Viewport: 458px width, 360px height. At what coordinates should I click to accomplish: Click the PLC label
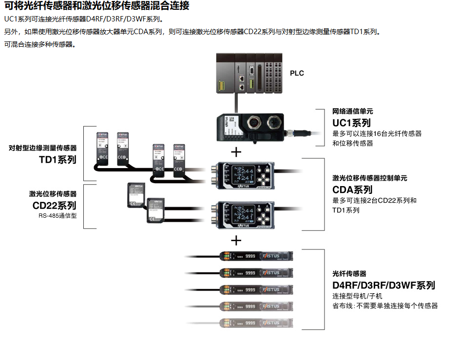coord(297,74)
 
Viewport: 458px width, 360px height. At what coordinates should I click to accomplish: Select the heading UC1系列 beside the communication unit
coord(352,123)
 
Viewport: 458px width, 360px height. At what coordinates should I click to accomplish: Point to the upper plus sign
coord(236,152)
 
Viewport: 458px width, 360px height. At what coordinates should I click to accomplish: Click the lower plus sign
coord(236,240)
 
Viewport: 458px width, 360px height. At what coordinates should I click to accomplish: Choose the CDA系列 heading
coord(352,189)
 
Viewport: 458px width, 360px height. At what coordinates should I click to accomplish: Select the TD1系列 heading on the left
coord(57,159)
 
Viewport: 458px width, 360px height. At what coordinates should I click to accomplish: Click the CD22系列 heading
coord(55,205)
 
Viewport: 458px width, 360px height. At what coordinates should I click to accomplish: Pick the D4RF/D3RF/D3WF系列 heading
coord(383,285)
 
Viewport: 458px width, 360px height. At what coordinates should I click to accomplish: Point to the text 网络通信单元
coord(353,112)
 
